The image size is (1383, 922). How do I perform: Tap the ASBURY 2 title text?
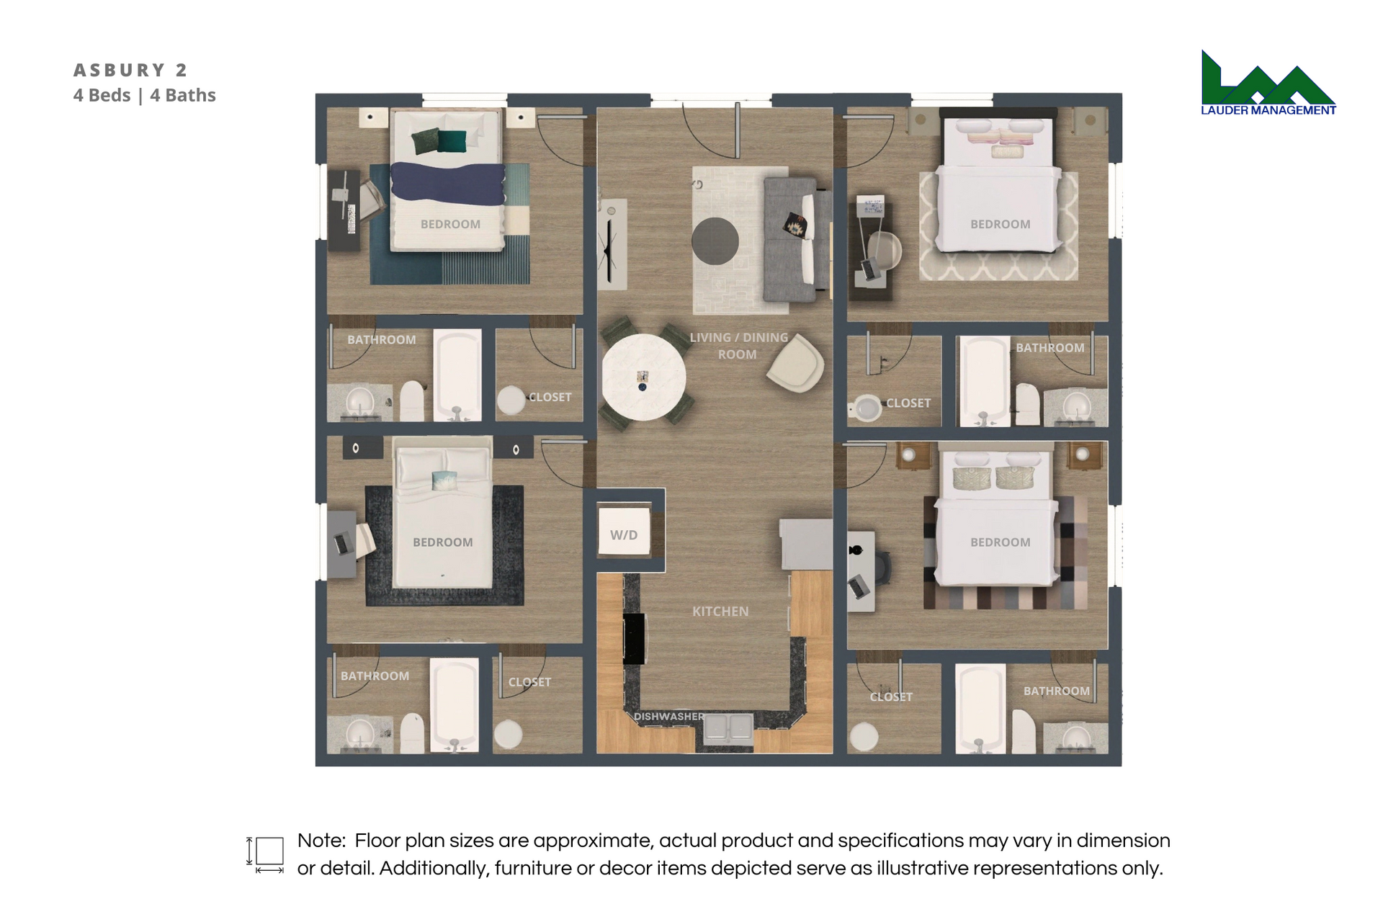(x=130, y=70)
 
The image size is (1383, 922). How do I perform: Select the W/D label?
(x=624, y=535)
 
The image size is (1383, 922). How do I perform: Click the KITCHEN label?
(x=720, y=612)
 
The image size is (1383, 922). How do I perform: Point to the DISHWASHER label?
(x=669, y=717)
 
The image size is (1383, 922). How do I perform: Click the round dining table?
(x=643, y=377)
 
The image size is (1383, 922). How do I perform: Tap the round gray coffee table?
(x=715, y=241)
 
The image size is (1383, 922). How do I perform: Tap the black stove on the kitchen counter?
(x=634, y=639)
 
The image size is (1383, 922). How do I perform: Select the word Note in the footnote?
(x=321, y=841)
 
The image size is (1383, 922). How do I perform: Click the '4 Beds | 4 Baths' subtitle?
(x=145, y=95)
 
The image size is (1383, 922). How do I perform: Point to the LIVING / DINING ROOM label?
(x=738, y=346)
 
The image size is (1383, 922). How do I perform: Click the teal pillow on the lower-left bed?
(x=444, y=480)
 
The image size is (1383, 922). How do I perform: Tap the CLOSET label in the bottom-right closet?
(x=891, y=697)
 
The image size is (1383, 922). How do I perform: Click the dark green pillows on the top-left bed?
(x=439, y=140)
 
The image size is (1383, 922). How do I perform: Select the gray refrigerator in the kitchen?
(x=807, y=545)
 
